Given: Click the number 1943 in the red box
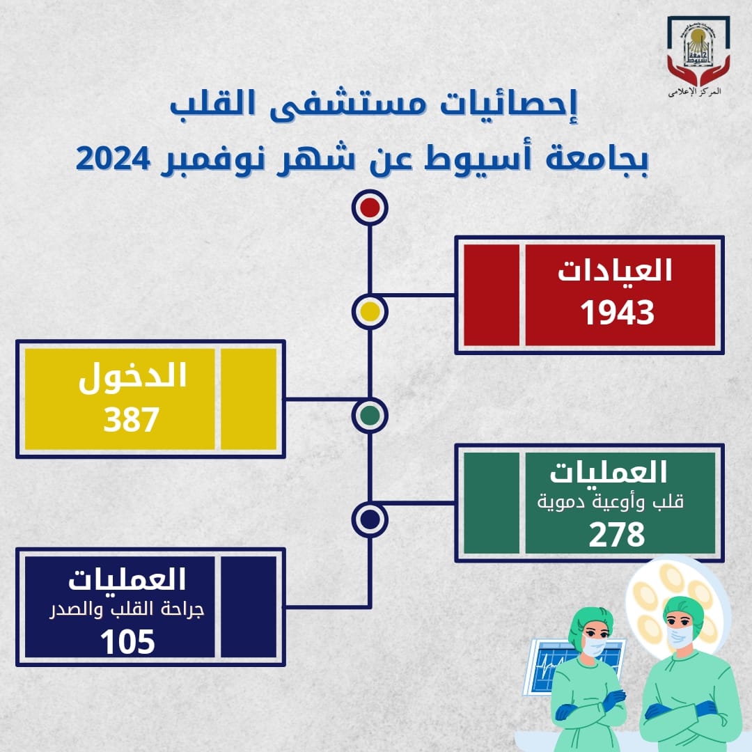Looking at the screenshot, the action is [617, 313].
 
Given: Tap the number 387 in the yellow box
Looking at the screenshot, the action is [131, 419].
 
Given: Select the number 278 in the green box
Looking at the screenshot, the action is [617, 534].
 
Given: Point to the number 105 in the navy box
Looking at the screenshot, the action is [127, 642].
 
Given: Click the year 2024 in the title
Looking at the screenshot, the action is [113, 159].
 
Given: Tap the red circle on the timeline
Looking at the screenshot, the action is [370, 207].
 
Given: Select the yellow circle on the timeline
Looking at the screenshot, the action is [370, 312].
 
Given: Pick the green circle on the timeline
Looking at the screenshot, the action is [370, 415].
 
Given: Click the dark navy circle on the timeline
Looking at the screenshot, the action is [370, 519].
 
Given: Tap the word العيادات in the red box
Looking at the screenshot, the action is [615, 269].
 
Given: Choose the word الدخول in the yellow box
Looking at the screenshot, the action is [132, 377].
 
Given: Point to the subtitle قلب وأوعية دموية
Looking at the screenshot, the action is [610, 502].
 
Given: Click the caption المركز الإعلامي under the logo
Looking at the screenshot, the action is [695, 92].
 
